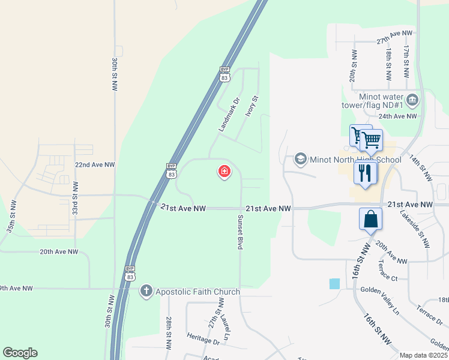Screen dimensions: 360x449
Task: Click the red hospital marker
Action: click(224, 172)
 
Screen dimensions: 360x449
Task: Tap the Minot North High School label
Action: click(355, 160)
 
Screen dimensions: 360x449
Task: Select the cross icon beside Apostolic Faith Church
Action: click(146, 292)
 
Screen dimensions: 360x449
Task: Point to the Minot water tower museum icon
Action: click(412, 99)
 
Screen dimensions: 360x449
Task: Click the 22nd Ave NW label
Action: click(94, 164)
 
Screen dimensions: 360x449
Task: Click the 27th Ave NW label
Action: click(394, 37)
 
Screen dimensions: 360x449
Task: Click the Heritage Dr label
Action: click(203, 339)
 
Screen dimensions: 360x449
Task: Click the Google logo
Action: click(20, 353)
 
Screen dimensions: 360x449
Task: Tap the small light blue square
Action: click(334, 284)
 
